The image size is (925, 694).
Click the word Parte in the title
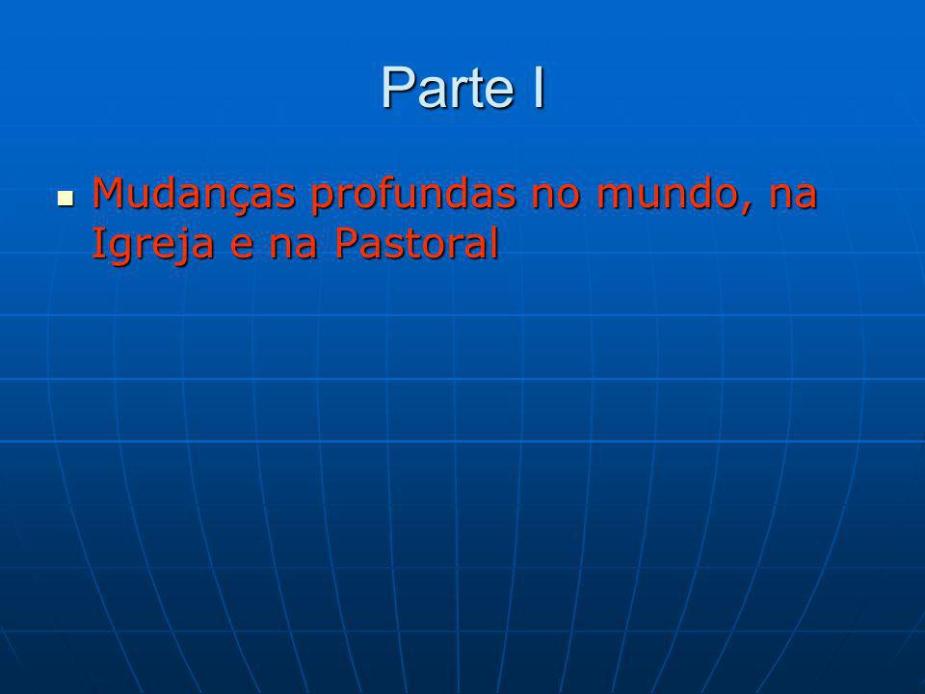(448, 87)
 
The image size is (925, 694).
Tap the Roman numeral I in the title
(538, 87)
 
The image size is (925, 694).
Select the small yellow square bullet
(66, 199)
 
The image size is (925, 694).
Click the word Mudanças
(194, 195)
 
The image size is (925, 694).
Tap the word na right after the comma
(793, 197)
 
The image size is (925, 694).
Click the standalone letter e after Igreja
(241, 248)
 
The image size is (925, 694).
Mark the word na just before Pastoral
(293, 248)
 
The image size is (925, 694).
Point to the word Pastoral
(416, 243)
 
